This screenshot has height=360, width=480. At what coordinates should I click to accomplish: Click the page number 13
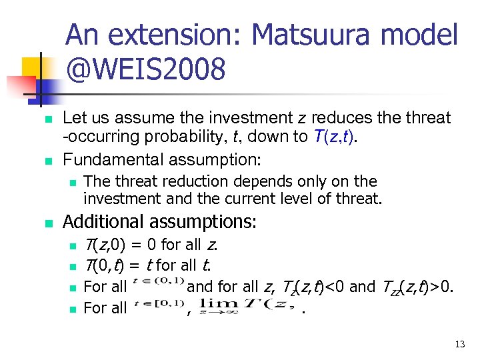pyautogui.click(x=459, y=344)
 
